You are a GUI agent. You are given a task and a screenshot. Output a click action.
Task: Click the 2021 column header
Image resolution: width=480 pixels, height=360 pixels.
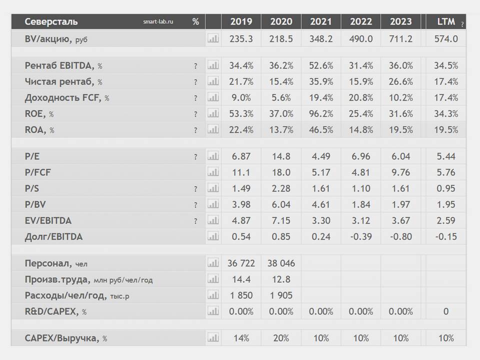coord(321,21)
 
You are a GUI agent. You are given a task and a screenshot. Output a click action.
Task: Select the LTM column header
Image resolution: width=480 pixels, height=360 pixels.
coord(446,21)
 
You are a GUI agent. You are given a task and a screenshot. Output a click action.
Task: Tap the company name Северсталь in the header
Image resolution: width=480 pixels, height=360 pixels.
coord(51,22)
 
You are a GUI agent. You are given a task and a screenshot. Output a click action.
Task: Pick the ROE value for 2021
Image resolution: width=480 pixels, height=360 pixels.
coord(321,114)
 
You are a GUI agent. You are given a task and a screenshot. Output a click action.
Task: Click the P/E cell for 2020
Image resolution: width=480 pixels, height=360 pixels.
coord(281,156)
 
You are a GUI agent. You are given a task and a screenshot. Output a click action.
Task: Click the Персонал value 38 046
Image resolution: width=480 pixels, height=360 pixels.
coord(281,263)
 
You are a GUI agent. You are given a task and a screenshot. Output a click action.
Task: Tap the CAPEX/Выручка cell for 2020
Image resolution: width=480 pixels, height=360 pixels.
coord(281,338)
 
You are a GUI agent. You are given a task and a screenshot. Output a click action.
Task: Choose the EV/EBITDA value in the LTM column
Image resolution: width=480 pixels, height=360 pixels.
coord(446,220)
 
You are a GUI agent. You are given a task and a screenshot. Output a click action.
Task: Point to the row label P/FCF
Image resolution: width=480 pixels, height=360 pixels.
coord(38,172)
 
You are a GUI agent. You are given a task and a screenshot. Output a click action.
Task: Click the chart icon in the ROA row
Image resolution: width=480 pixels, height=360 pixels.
coord(213,130)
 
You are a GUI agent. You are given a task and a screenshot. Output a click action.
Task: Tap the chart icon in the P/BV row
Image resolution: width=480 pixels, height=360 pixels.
coord(213,204)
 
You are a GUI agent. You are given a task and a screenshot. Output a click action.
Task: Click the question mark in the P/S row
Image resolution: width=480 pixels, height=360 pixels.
coord(195,189)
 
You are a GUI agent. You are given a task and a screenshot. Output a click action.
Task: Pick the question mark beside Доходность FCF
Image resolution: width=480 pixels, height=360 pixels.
coord(195,98)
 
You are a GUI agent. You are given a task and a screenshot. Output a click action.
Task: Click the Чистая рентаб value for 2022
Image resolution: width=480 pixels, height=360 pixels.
coord(361,81)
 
